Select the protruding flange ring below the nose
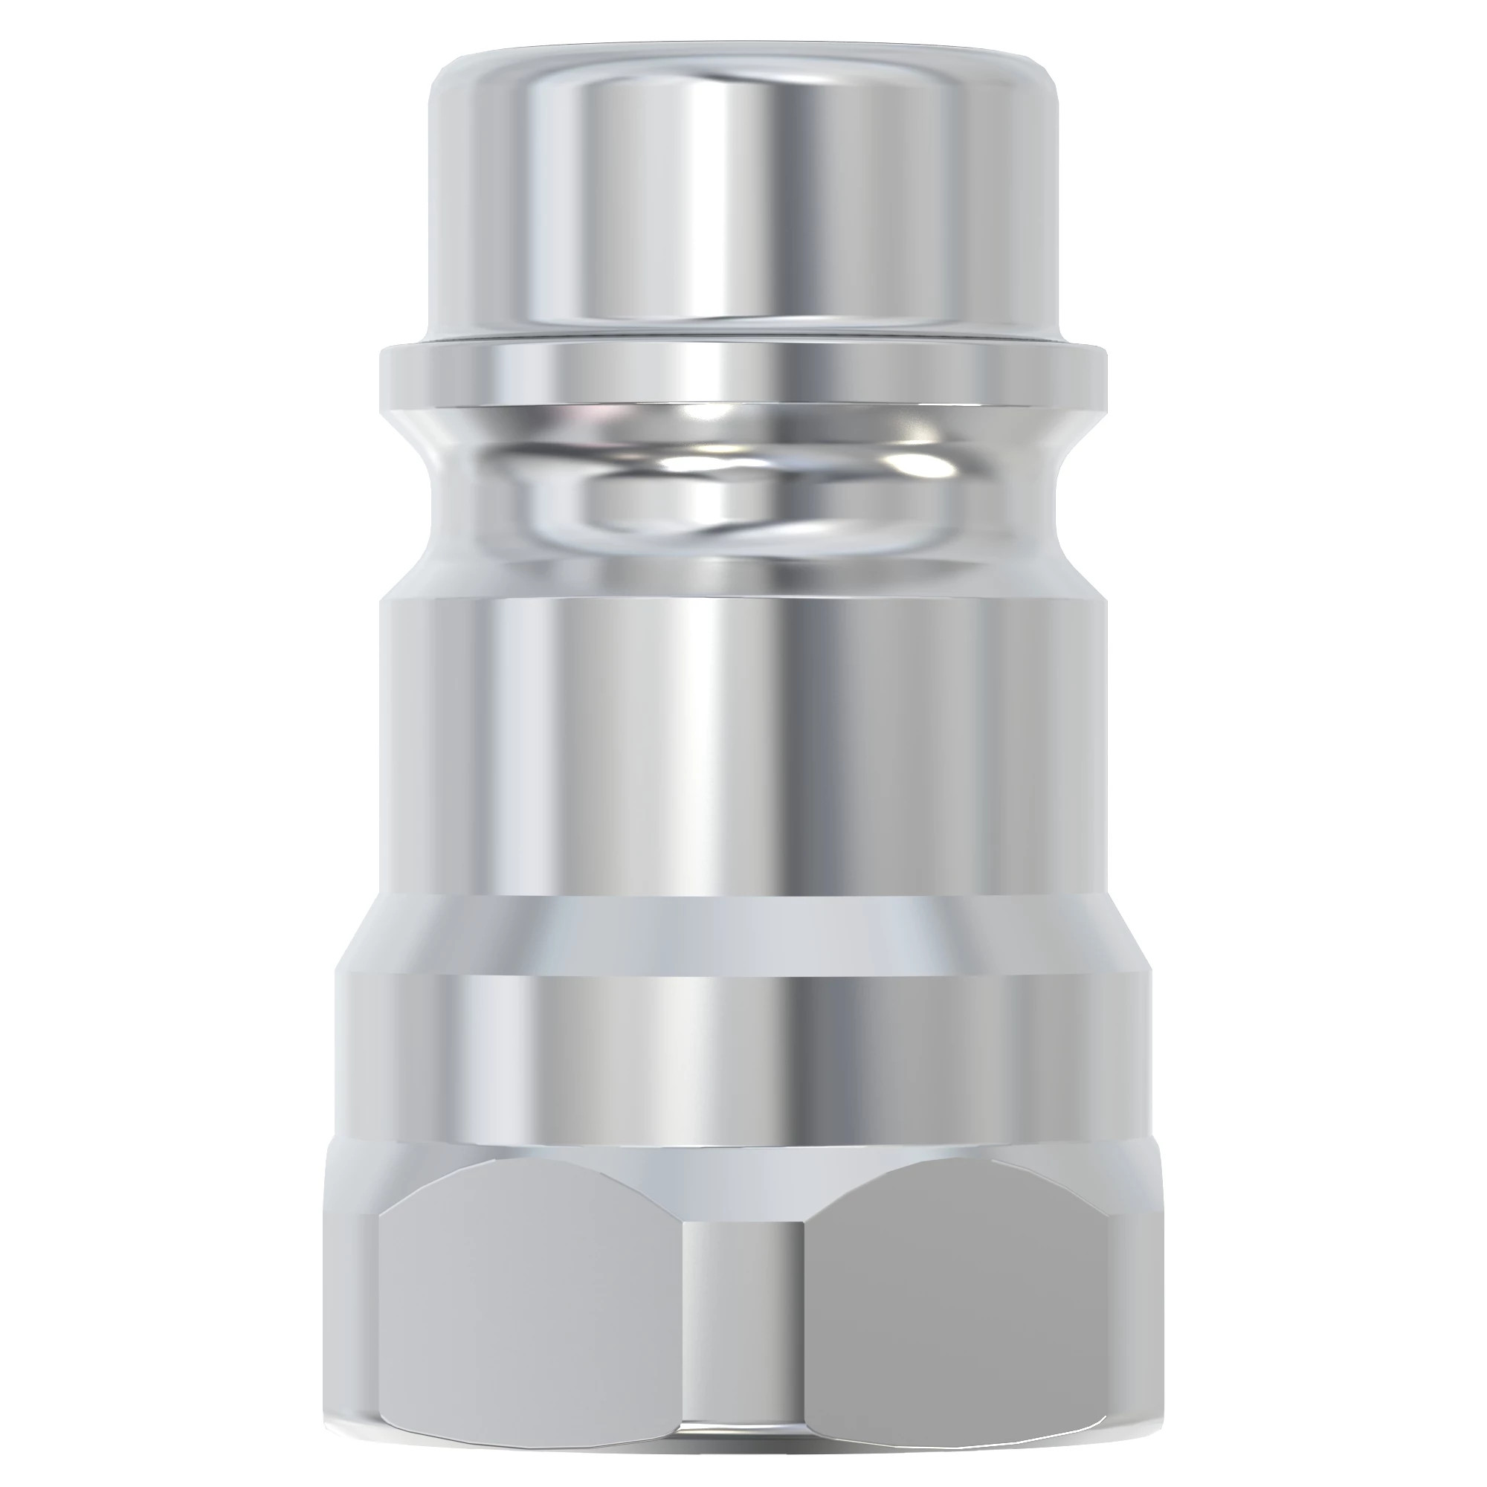(743, 377)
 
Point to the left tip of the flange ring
(382, 377)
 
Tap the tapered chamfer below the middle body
(743, 935)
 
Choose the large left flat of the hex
(531, 1309)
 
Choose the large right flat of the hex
(958, 1309)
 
